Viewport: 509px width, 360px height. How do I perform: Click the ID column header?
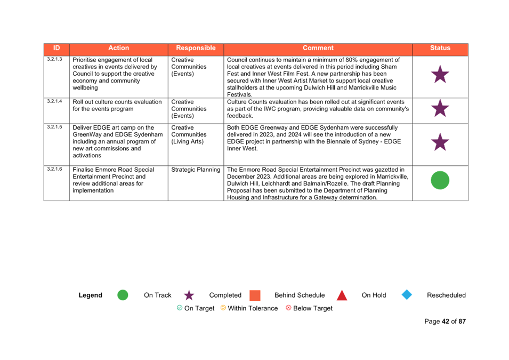(56, 48)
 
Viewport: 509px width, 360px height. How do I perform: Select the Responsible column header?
(196, 48)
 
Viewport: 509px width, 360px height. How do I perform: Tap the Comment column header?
(318, 48)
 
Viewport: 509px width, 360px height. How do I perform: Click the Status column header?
(440, 48)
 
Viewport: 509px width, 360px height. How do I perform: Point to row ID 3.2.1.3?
(54, 59)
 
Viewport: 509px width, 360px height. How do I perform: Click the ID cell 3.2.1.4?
(54, 101)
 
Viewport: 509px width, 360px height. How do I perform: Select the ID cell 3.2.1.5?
(54, 127)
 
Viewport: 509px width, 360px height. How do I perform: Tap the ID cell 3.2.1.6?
(54, 169)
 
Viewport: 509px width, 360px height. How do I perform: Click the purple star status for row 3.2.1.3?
(440, 75)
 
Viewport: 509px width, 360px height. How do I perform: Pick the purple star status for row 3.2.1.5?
(440, 142)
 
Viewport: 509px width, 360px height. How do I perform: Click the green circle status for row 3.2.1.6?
(440, 180)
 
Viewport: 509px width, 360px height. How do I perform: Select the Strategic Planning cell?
(196, 170)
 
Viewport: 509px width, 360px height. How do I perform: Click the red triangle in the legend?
(342, 296)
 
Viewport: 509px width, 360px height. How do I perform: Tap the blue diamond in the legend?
(407, 295)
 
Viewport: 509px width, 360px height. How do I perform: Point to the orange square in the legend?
(255, 295)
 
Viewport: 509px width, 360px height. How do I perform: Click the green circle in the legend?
(123, 295)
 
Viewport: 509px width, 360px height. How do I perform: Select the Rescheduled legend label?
(446, 295)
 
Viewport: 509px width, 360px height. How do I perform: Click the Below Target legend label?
(313, 308)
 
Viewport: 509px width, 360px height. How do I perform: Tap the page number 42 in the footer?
(446, 322)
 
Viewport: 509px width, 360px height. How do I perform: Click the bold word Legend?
(90, 295)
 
